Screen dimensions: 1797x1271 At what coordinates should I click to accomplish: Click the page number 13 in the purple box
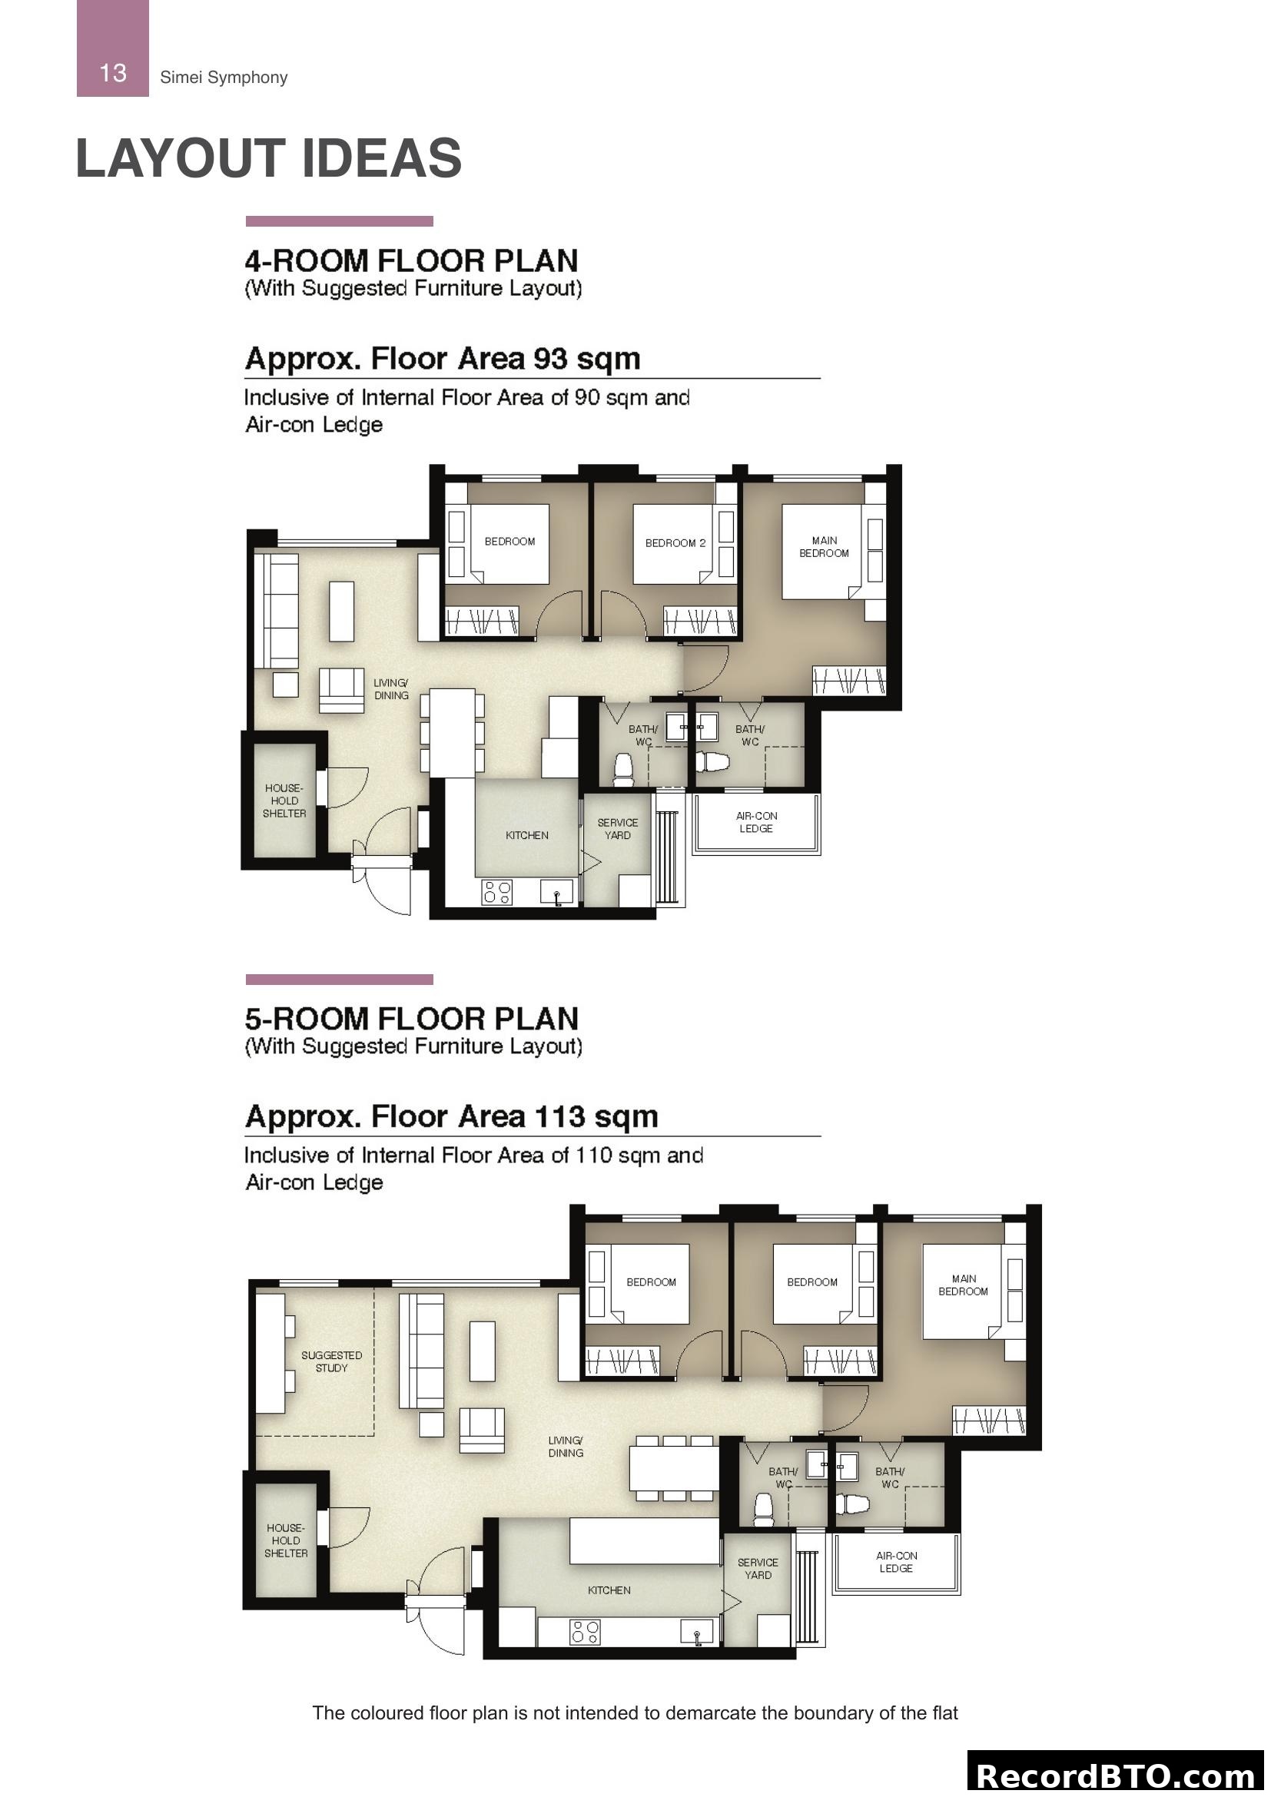113,73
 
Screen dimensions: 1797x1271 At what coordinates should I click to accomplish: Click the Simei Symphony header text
223,78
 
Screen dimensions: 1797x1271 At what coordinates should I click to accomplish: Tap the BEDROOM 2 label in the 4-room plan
675,542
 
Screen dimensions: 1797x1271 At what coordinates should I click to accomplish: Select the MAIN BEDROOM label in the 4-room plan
823,546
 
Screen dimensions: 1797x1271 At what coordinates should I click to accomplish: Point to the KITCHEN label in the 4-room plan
526,835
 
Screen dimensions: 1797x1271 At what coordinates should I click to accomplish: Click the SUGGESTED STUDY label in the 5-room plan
331,1361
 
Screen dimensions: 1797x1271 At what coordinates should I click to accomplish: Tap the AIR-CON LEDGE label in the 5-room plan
895,1561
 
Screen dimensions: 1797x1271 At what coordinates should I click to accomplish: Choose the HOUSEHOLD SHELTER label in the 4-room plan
284,801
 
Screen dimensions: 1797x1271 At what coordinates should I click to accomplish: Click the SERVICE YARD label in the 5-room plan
757,1569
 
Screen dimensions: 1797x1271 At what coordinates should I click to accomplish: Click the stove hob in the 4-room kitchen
497,892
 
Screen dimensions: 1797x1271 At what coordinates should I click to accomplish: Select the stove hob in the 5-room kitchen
586,1631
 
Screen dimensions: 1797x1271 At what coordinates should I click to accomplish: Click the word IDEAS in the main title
381,159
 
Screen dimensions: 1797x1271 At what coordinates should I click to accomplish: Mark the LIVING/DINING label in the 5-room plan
565,1447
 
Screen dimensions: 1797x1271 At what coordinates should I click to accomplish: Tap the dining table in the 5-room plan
674,1467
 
